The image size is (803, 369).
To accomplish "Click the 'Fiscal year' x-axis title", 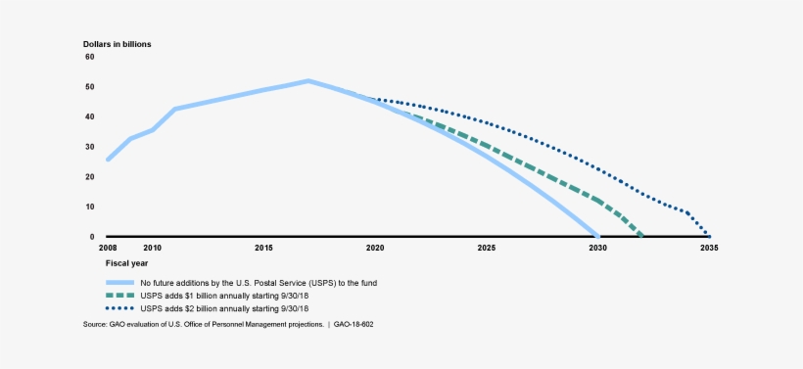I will (x=127, y=263).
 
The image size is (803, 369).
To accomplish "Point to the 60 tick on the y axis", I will (x=90, y=57).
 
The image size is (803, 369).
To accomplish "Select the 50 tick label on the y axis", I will (x=90, y=87).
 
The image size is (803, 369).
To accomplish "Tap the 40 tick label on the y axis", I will (x=90, y=116).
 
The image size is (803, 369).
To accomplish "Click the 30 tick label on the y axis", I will (x=90, y=147).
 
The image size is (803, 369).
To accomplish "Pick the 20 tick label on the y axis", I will (x=90, y=177).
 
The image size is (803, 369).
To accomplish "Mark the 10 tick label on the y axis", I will (x=90, y=207).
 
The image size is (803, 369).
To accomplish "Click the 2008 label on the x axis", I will (x=107, y=248).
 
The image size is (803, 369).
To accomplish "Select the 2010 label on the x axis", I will (x=152, y=248).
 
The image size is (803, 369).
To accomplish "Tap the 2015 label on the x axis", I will (x=263, y=248).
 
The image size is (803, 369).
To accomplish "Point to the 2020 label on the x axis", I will (x=375, y=248).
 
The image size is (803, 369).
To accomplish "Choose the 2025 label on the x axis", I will (x=487, y=248).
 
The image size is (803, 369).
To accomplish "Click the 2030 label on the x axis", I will (x=597, y=248).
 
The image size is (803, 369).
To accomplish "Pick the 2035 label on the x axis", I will (x=709, y=248).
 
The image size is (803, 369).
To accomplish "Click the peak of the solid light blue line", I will (x=308, y=80).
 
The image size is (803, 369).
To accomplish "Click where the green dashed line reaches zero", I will (x=642, y=236).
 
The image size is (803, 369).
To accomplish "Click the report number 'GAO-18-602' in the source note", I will (x=352, y=322).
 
